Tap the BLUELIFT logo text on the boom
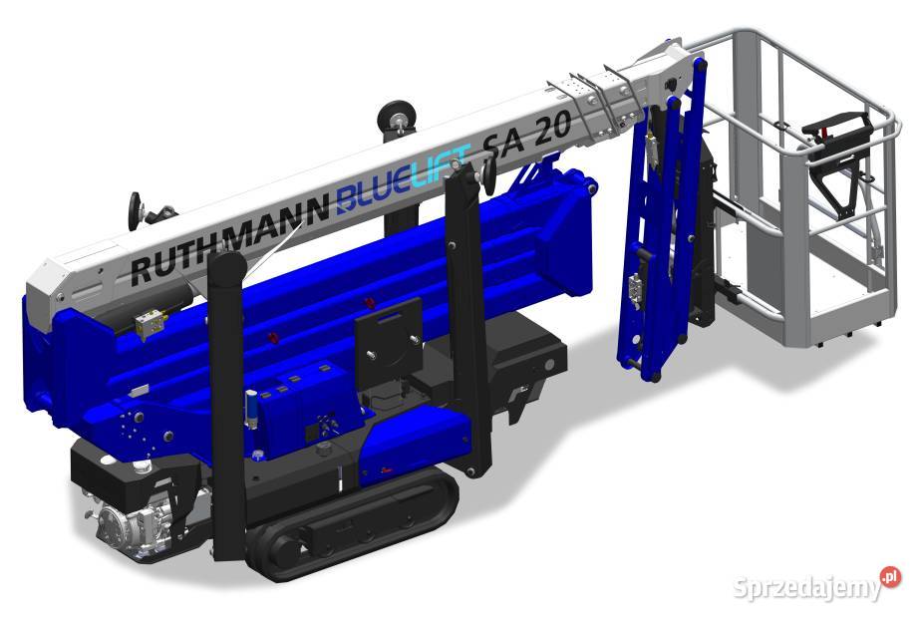pos(404,176)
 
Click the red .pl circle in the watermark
pos(890,576)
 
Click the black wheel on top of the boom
pos(396,120)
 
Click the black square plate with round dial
pos(389,341)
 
